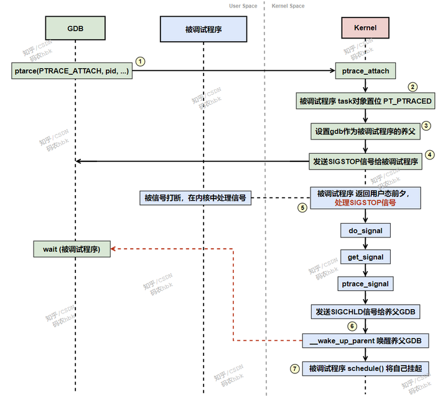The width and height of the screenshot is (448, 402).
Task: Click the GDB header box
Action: [75, 29]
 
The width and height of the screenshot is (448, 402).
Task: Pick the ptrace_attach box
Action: [365, 70]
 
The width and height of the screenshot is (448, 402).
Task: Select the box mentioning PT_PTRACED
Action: [365, 100]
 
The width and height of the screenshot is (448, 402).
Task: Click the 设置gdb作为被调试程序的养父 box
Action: [365, 131]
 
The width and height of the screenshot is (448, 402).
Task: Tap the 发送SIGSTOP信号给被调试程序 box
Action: [365, 161]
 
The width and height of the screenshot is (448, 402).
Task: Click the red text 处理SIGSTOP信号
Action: [365, 203]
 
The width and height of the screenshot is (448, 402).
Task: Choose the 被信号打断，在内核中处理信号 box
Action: [195, 198]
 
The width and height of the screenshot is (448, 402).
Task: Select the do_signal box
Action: [365, 231]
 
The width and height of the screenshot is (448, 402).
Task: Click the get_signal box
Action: [365, 257]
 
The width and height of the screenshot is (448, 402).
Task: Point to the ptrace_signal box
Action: [365, 284]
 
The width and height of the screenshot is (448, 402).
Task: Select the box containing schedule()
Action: [365, 368]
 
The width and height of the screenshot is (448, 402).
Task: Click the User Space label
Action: [243, 6]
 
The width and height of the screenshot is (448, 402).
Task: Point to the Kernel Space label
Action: [288, 6]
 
